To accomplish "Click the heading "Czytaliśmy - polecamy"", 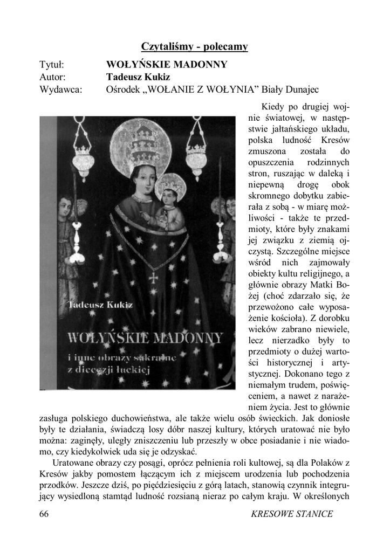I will [194, 46].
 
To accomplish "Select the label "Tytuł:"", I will [52, 65].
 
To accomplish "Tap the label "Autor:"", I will [52, 77].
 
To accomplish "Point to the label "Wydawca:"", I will [61, 89].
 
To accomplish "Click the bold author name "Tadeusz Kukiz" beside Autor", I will [138, 77].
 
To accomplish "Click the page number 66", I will [44, 514].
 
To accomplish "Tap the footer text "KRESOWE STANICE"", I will [292, 514].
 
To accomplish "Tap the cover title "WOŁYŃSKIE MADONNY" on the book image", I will [145, 339].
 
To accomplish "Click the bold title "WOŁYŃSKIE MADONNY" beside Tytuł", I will [167, 65].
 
